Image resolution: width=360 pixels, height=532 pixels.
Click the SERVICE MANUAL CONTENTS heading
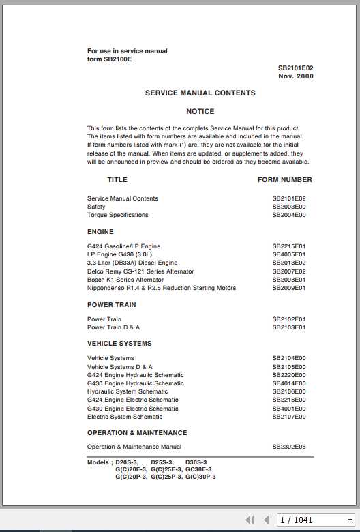coord(200,93)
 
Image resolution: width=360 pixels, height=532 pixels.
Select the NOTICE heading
coord(200,111)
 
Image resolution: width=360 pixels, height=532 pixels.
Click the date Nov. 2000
coord(295,76)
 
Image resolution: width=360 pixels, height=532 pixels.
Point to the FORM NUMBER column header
coord(284,180)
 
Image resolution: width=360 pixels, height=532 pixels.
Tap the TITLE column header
coord(117,180)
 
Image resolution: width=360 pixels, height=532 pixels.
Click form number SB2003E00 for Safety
coord(289,207)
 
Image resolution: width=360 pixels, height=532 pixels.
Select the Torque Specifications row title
coord(117,215)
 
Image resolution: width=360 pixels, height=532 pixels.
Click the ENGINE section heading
coord(100,232)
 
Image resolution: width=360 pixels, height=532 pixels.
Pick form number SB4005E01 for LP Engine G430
coord(289,254)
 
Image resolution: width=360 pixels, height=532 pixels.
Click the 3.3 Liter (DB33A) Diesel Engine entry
coord(132,263)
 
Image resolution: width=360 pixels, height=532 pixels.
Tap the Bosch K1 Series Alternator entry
coord(125,280)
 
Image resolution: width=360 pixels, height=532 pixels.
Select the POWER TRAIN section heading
coord(111,305)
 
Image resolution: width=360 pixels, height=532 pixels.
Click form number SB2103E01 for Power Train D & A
coord(289,327)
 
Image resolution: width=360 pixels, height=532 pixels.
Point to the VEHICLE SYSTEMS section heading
coord(119,344)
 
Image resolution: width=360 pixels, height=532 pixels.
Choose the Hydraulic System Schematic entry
coord(127,391)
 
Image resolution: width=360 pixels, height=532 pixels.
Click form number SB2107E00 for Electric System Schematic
coord(289,417)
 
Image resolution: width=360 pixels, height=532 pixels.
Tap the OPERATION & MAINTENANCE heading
coord(137,433)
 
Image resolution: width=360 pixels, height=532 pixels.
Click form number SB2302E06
coord(289,447)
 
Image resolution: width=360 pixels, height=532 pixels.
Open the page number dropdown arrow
coord(349,520)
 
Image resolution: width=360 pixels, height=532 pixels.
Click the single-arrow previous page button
coord(266,520)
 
